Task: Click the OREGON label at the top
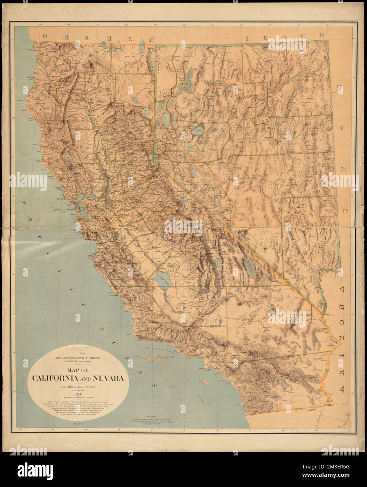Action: tap(98, 37)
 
